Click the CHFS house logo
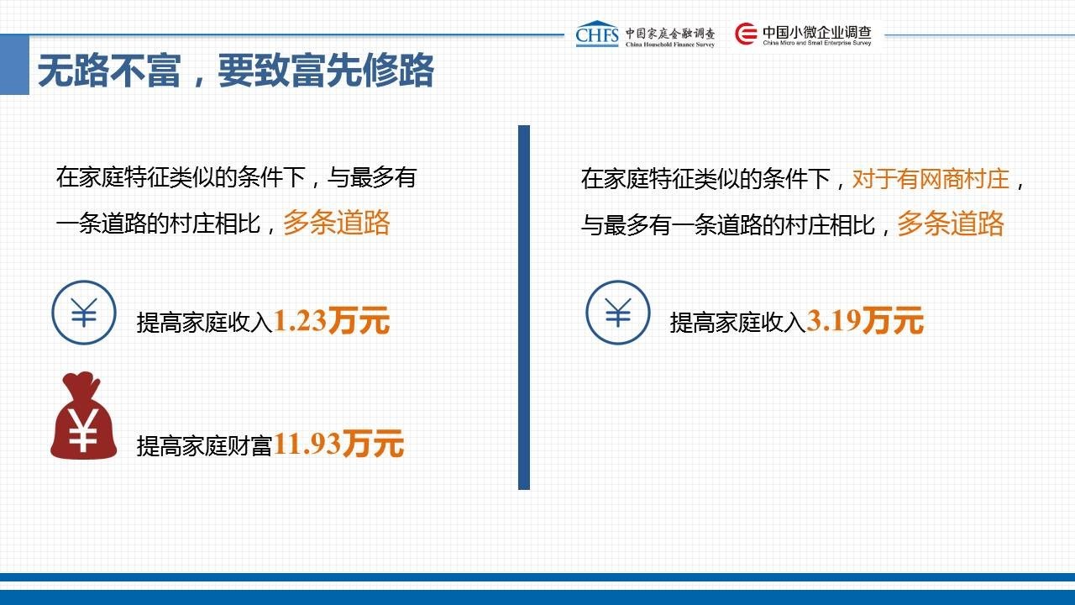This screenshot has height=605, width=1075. [x=597, y=34]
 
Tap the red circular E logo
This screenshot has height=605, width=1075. [x=746, y=34]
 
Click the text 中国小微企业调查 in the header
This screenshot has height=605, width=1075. [x=817, y=32]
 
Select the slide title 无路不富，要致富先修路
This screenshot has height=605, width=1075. [x=236, y=71]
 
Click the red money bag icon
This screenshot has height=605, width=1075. [x=83, y=416]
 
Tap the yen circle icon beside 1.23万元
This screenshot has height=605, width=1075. [x=84, y=313]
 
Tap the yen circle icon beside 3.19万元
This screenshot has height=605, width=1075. [x=618, y=313]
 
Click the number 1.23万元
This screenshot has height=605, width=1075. [x=331, y=321]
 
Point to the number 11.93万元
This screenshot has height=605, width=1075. [x=338, y=444]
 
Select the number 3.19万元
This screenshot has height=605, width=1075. [x=865, y=321]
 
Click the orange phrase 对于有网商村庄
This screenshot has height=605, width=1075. [x=931, y=179]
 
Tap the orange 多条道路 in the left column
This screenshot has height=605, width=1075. [x=337, y=223]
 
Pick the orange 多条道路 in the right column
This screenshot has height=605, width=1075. [x=951, y=224]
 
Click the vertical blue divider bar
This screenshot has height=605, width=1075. [x=524, y=308]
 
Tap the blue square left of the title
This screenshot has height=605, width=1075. [x=14, y=65]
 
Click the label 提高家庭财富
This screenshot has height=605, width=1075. [x=205, y=445]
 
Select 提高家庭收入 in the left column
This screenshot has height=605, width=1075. [x=205, y=322]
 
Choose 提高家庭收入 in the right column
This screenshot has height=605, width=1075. [x=738, y=322]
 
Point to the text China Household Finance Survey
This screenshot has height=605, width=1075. [x=670, y=45]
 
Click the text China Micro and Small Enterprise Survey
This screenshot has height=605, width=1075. [x=817, y=43]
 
